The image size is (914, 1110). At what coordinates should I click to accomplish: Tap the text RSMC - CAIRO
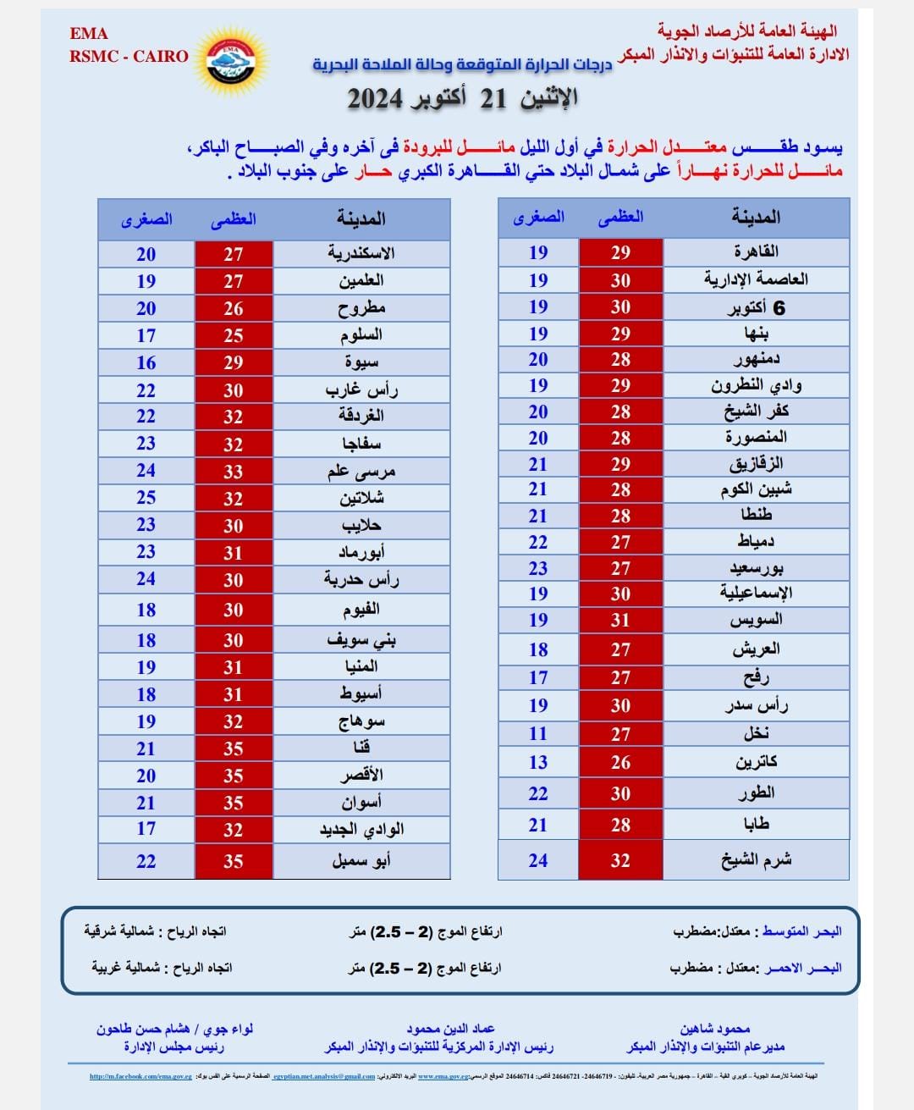click(x=129, y=57)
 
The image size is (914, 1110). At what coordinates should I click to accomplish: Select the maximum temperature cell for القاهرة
click(x=620, y=252)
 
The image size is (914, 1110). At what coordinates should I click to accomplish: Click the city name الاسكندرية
click(x=361, y=253)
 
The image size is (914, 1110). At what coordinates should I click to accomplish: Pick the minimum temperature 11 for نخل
click(x=538, y=733)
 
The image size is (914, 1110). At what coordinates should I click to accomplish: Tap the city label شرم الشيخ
click(x=756, y=860)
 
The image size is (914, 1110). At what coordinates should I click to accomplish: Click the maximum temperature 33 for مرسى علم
click(x=234, y=472)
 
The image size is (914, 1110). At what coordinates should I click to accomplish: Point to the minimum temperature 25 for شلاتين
click(x=146, y=498)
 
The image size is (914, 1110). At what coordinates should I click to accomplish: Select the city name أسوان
click(x=361, y=803)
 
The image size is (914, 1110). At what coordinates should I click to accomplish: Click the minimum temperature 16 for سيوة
click(x=146, y=362)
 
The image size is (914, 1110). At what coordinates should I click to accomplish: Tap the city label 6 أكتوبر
click(x=756, y=307)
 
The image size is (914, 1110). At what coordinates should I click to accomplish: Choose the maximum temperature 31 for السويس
click(x=620, y=620)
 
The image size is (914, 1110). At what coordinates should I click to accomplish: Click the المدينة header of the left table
click(x=361, y=219)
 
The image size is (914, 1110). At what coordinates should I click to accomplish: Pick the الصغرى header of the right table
click(x=538, y=218)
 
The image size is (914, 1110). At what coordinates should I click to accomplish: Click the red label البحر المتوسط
click(x=801, y=931)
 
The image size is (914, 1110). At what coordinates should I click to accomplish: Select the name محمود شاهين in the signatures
click(x=715, y=1029)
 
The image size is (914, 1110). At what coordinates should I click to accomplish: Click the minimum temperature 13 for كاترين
click(x=538, y=762)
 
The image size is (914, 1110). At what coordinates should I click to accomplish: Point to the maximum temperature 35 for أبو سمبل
click(x=234, y=862)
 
